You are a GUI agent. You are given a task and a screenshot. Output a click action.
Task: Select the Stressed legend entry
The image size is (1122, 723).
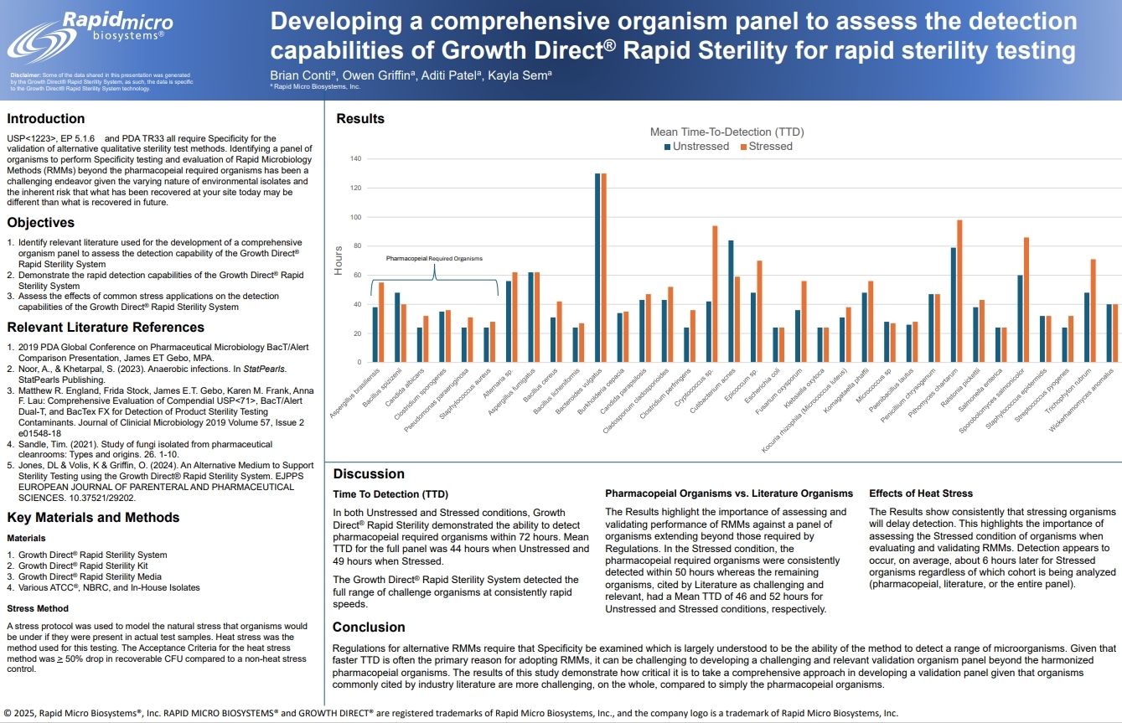pyautogui.click(x=767, y=147)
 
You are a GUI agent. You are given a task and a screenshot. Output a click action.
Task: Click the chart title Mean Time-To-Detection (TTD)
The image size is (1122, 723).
pyautogui.click(x=727, y=132)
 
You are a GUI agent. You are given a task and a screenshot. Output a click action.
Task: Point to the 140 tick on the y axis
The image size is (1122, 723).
pyautogui.click(x=356, y=159)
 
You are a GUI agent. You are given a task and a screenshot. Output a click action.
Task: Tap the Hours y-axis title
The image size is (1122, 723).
pyautogui.click(x=339, y=261)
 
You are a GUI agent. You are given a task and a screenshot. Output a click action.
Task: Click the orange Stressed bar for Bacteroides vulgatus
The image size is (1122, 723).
pyautogui.click(x=603, y=267)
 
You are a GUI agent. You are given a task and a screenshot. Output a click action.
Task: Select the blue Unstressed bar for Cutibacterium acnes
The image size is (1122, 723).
pyautogui.click(x=731, y=301)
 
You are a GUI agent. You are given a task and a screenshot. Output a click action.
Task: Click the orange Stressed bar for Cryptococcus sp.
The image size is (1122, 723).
pyautogui.click(x=715, y=294)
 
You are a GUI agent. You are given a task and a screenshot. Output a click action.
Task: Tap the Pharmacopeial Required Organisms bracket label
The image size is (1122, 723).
pyautogui.click(x=434, y=259)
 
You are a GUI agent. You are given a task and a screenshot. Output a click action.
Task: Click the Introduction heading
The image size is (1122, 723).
pyautogui.click(x=46, y=119)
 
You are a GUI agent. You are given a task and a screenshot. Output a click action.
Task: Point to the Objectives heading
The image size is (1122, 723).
pyautogui.click(x=41, y=223)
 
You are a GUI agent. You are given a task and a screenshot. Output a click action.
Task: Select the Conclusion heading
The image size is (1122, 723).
pyautogui.click(x=369, y=627)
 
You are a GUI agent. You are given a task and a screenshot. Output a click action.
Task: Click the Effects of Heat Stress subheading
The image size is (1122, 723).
pyautogui.click(x=921, y=493)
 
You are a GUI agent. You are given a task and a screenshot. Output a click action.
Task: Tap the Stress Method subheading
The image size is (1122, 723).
pyautogui.click(x=38, y=608)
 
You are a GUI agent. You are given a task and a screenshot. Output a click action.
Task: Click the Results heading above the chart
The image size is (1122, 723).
pyautogui.click(x=360, y=119)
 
